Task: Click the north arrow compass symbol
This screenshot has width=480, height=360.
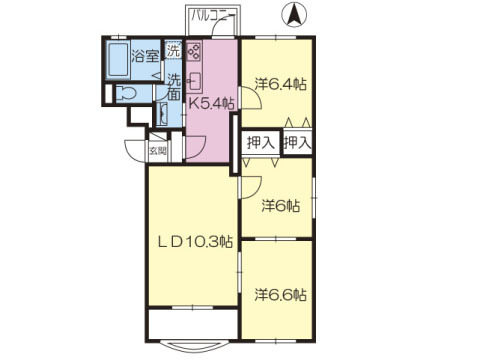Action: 294,15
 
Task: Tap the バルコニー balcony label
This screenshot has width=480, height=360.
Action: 212,16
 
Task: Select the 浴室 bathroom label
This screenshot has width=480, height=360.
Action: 145,56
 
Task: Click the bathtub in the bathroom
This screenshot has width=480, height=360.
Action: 118,60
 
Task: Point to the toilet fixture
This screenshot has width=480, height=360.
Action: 126,93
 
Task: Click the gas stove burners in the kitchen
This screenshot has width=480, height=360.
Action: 194,51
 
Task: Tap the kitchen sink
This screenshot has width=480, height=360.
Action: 194,80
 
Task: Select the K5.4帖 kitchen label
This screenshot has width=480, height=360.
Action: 211,104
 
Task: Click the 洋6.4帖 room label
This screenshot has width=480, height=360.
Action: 281,84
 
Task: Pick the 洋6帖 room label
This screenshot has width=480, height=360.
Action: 281,206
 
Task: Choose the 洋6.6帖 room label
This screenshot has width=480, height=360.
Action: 281,295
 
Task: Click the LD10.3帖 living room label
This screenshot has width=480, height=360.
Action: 195,242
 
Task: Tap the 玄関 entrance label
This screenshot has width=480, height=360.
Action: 158,151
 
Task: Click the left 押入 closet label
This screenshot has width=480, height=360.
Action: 261,143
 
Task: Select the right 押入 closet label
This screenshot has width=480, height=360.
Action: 297,143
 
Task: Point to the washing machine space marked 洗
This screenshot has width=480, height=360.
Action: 174,50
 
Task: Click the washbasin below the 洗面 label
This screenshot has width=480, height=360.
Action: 162,114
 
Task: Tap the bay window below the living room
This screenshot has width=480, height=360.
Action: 193,346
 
